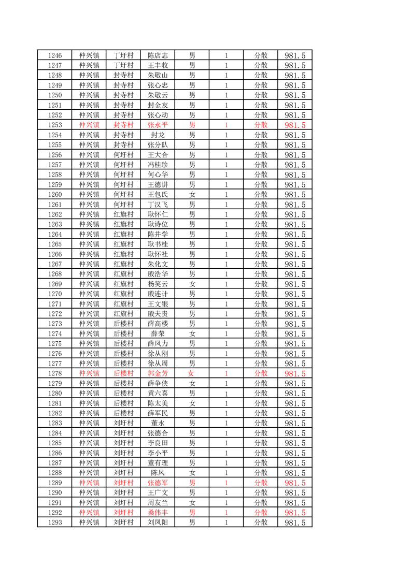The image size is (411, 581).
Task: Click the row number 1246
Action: click(54, 55)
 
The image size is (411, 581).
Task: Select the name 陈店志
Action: click(158, 55)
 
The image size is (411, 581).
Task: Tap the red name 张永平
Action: click(158, 125)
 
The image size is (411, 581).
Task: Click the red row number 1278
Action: click(54, 373)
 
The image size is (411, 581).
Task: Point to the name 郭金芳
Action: click(158, 373)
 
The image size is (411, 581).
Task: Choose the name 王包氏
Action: click(158, 195)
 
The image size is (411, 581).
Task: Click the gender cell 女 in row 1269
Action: click(192, 284)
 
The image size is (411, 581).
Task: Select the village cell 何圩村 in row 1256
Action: click(123, 155)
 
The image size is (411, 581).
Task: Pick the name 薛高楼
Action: click(158, 324)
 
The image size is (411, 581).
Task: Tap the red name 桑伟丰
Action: click(158, 513)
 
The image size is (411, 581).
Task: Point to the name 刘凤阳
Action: click(158, 522)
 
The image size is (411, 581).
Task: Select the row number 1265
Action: click(54, 244)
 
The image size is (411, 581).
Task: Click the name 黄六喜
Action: click(158, 393)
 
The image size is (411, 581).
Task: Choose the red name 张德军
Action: click(158, 483)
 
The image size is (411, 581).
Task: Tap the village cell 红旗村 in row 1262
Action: click(123, 214)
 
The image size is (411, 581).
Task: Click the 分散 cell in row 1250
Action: click(261, 95)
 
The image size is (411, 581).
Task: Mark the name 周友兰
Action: click(158, 503)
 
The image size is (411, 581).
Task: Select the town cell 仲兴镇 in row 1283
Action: click(89, 423)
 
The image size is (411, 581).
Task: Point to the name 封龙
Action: click(158, 135)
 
